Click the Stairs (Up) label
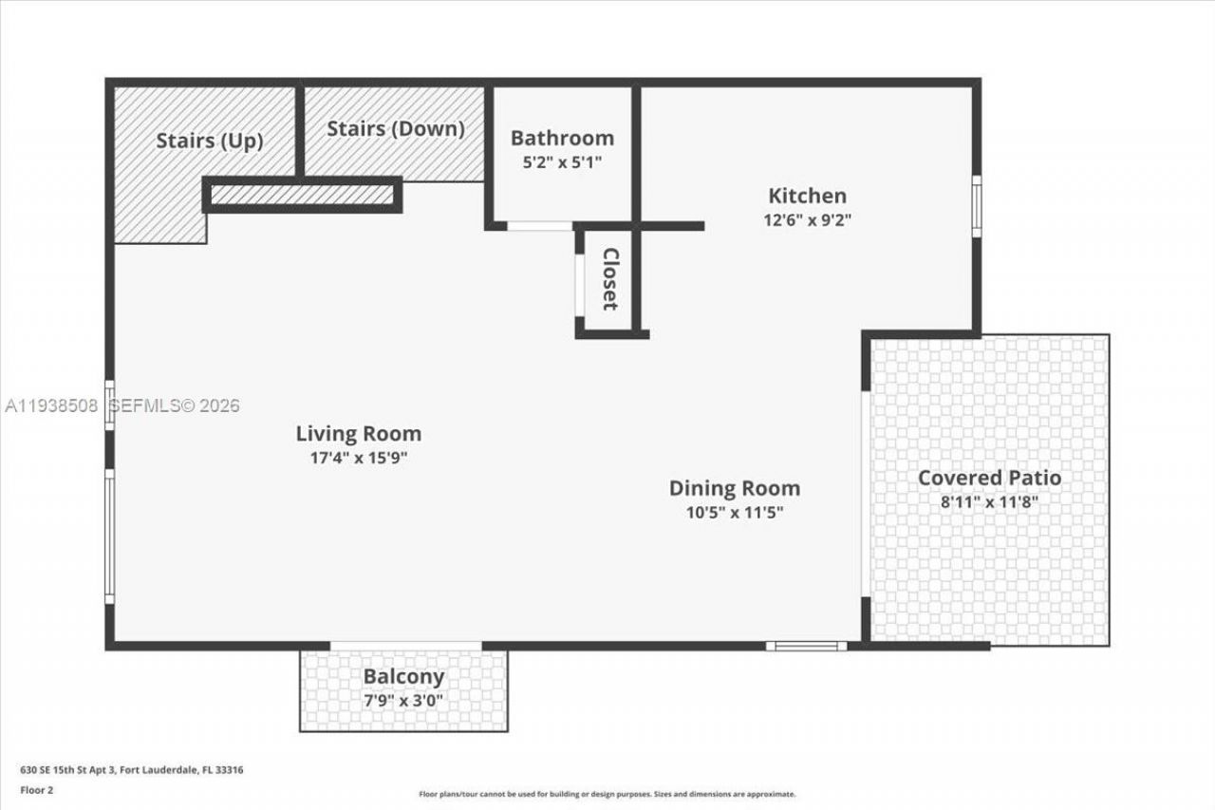[209, 141]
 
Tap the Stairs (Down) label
[396, 128]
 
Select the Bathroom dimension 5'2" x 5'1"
[562, 161]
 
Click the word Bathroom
[562, 138]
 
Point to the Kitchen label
[807, 196]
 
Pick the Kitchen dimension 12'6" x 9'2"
[807, 219]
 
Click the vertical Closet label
[609, 279]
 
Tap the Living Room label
[358, 434]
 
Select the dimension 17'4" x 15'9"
[358, 458]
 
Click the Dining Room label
[734, 488]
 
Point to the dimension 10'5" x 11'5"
[734, 512]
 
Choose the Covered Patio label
[989, 478]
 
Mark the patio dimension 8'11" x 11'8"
[989, 501]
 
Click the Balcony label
[403, 677]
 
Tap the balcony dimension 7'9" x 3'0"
[403, 701]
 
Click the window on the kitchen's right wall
[976, 206]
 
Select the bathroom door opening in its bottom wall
[539, 226]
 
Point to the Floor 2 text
[36, 789]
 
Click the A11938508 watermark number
[51, 406]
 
